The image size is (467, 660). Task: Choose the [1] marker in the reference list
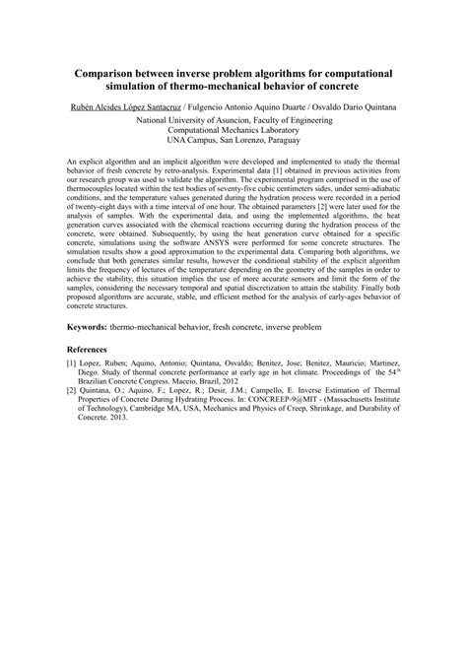[72, 364]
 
